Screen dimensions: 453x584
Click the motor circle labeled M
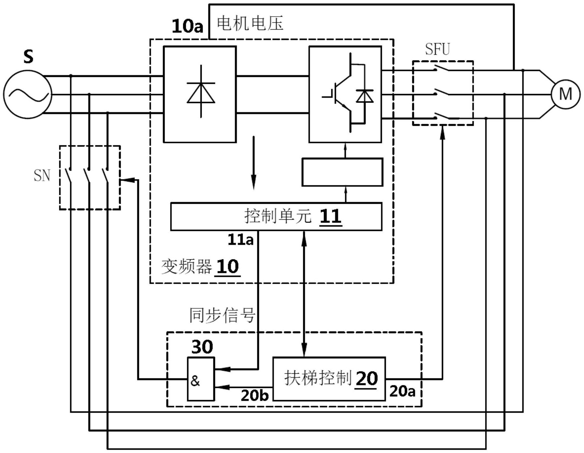(x=565, y=94)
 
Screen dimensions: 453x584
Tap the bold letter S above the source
(x=28, y=57)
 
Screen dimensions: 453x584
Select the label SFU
(x=437, y=49)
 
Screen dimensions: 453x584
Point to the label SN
(x=42, y=175)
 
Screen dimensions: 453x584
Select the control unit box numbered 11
(x=276, y=216)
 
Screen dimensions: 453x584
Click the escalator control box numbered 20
(x=329, y=379)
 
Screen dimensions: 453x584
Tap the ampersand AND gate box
(x=201, y=379)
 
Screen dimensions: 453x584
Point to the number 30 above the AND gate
(x=202, y=347)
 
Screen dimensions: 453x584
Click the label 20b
(x=254, y=395)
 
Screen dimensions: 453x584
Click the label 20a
(x=402, y=391)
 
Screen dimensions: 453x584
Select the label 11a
(x=240, y=240)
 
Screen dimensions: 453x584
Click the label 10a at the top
(x=187, y=26)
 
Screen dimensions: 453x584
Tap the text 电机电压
(x=250, y=23)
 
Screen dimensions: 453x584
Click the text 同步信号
(x=222, y=315)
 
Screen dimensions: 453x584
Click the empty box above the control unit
(x=342, y=172)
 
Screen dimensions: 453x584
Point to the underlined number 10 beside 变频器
(x=227, y=266)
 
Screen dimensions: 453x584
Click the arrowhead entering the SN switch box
(x=127, y=180)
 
